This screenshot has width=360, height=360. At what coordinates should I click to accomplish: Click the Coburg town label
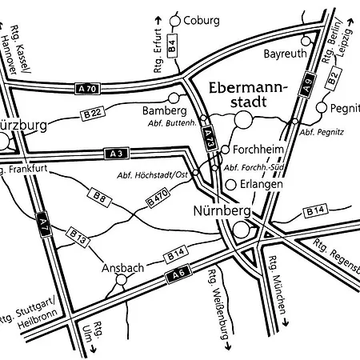coord(201,20)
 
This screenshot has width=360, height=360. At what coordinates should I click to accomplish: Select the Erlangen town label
coord(261,185)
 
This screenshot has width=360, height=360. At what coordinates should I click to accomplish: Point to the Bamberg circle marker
coord(174,98)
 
